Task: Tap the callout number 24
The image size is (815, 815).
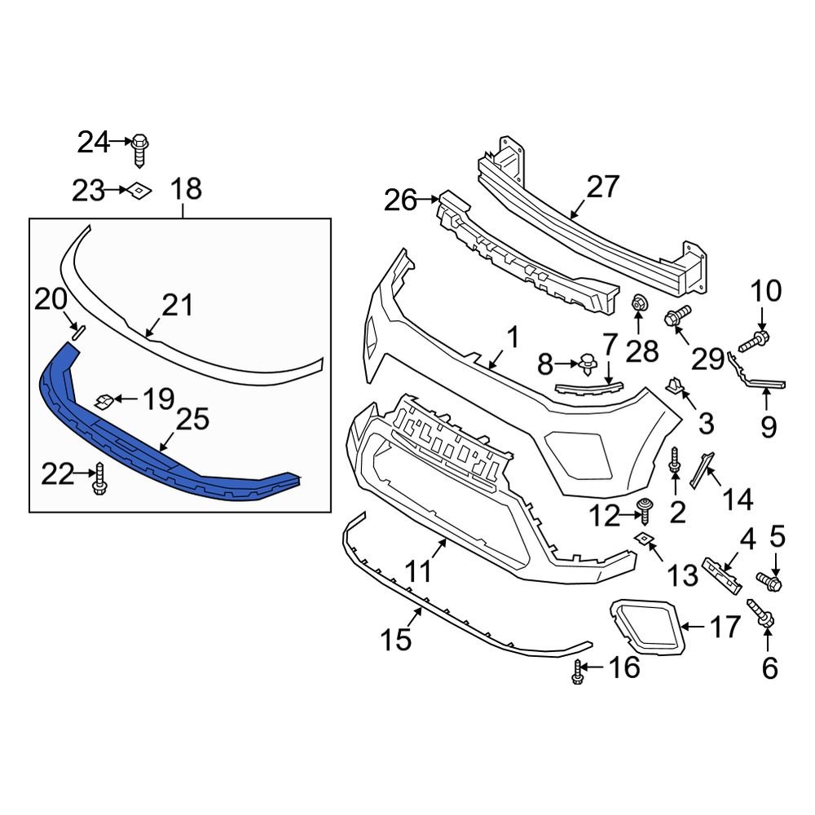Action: coord(93,143)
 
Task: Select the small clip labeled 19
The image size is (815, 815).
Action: coord(104,400)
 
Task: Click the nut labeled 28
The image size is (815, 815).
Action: coord(639,304)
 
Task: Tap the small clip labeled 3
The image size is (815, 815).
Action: coord(675,385)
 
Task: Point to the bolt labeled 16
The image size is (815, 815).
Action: coord(578,671)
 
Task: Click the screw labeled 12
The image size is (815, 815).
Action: coord(647,509)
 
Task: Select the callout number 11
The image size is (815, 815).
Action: coord(419,571)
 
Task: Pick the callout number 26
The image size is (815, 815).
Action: coord(400,200)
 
